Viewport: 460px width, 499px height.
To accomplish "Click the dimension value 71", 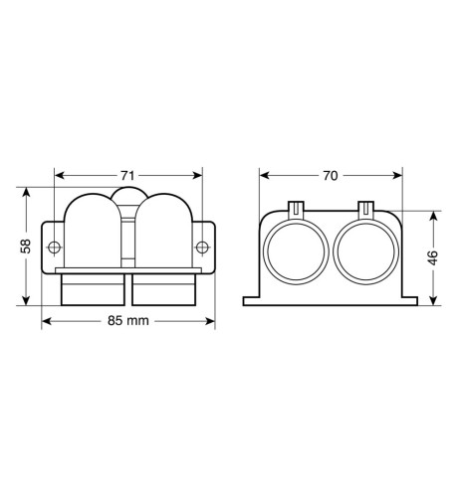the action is tap(127, 176).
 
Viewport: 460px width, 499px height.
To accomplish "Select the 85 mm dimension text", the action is tap(128, 321).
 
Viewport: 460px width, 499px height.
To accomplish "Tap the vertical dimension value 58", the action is tap(26, 246).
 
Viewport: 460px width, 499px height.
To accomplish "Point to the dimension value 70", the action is tap(331, 176).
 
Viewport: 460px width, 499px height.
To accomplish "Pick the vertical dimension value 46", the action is tap(433, 257).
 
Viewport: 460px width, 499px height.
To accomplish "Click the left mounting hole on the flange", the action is tap(54, 248).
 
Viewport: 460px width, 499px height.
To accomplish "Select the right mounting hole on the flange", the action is tap(202, 248).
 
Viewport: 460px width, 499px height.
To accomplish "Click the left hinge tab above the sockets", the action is tap(296, 210).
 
